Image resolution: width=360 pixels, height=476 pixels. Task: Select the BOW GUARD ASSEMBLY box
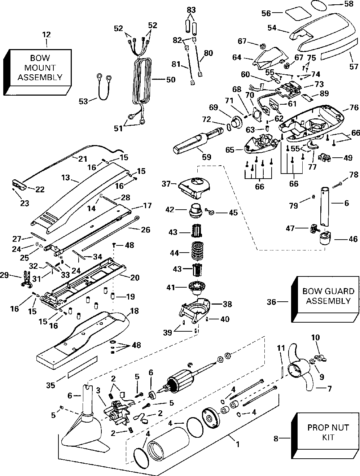click(328, 296)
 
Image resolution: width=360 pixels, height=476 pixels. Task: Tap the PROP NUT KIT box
click(328, 432)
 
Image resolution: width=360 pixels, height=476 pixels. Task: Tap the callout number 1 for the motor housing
click(237, 445)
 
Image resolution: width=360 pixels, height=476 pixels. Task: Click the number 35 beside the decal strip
click(51, 385)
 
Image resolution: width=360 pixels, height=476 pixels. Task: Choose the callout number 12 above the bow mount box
click(47, 35)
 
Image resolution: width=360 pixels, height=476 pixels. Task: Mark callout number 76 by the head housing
click(354, 108)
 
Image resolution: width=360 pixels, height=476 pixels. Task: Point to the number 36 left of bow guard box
click(272, 301)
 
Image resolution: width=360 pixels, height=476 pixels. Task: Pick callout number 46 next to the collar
click(352, 239)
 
